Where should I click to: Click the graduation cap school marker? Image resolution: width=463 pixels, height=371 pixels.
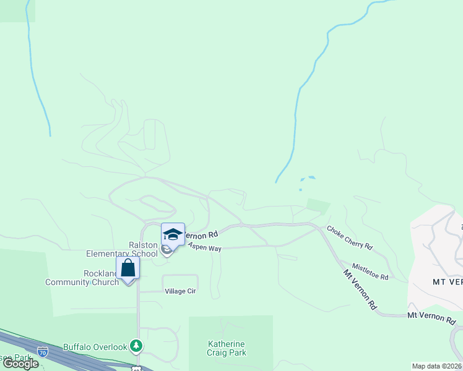pos(173,235)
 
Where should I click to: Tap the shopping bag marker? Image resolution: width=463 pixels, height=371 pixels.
pos(128,269)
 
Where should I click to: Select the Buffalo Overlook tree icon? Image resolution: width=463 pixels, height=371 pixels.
pos(136,347)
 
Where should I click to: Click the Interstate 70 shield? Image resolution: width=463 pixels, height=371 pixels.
pos(42,352)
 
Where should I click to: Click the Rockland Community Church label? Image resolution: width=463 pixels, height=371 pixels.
pos(82,278)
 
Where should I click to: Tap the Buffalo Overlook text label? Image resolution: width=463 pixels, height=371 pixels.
pos(95,348)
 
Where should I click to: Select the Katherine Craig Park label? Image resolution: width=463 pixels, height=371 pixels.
pos(227,348)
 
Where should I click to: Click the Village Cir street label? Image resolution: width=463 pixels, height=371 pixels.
pos(180,291)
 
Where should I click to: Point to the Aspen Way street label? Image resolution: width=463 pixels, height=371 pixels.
pos(205,247)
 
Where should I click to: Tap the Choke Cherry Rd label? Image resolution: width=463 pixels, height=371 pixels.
pos(350,237)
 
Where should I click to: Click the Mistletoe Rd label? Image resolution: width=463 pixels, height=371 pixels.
pos(370,270)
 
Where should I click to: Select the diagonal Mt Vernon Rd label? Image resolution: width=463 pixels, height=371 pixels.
pos(360,289)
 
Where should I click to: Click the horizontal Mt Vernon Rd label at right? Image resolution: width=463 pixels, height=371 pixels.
pos(431,318)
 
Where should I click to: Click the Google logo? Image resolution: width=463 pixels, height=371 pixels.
pos(20,364)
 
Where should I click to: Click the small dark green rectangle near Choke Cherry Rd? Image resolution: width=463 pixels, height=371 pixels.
pos(318,207)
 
